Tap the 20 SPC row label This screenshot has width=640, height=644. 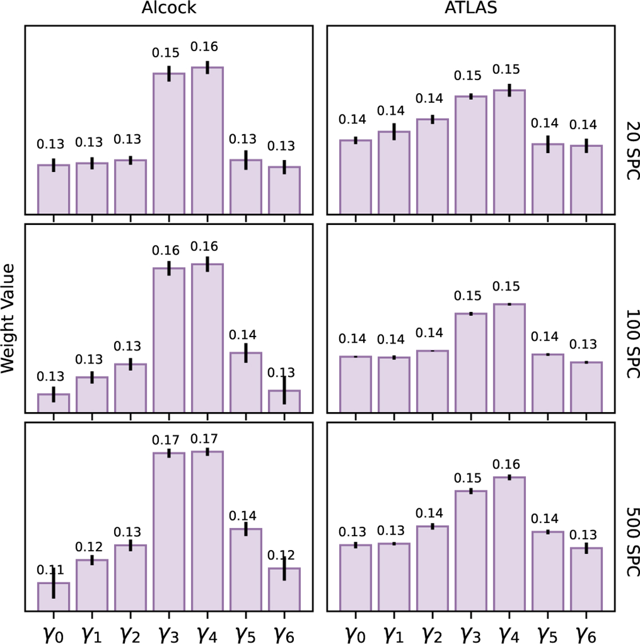pos(631,149)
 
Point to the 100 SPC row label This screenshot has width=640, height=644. pos(631,344)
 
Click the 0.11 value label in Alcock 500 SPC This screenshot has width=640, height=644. pos(50,570)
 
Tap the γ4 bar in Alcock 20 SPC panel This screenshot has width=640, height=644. pos(207,141)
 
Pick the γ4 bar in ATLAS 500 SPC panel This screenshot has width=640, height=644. pos(509,544)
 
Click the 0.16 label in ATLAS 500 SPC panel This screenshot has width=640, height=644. pos(506,464)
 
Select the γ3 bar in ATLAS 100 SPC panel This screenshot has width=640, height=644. pos(471,363)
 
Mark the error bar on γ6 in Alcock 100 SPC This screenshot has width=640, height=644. pos(284,390)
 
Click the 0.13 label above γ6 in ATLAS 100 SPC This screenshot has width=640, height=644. pos(583,344)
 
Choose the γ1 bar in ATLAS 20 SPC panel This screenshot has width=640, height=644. pos(394,173)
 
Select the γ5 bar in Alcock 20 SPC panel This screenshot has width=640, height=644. pos(246,187)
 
